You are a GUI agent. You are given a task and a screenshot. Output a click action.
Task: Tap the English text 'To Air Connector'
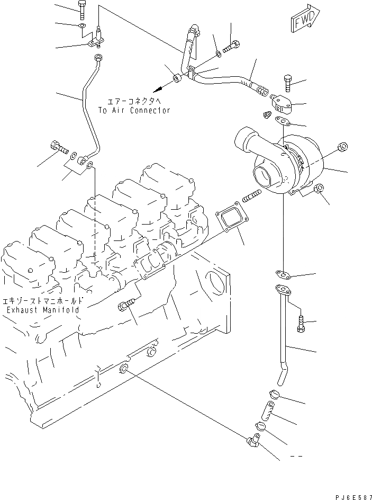coord(134,110)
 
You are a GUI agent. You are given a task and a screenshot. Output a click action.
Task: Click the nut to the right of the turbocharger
coord(342,147)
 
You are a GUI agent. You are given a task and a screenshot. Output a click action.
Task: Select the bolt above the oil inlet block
coord(287,82)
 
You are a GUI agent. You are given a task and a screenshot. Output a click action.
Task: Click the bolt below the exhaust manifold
coord(127,306)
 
